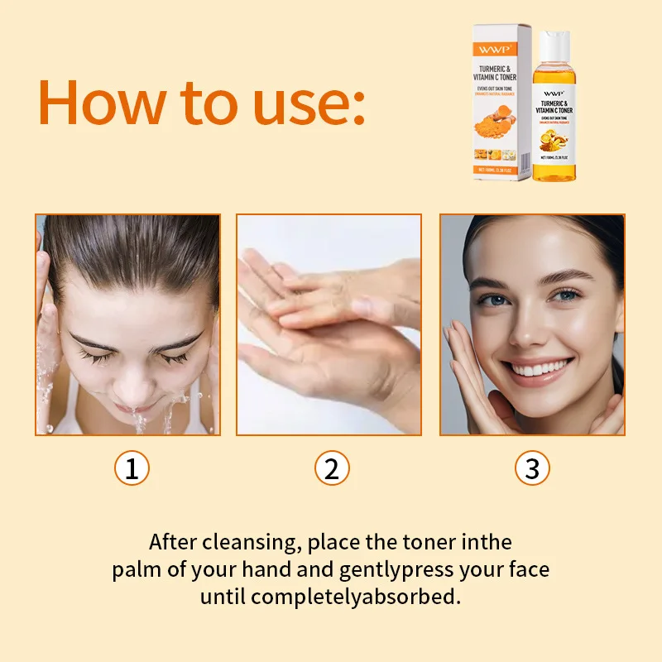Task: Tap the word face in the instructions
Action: tap(528, 570)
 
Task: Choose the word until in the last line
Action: tap(223, 597)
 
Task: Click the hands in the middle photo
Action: tap(331, 323)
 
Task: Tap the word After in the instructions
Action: tap(171, 543)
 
